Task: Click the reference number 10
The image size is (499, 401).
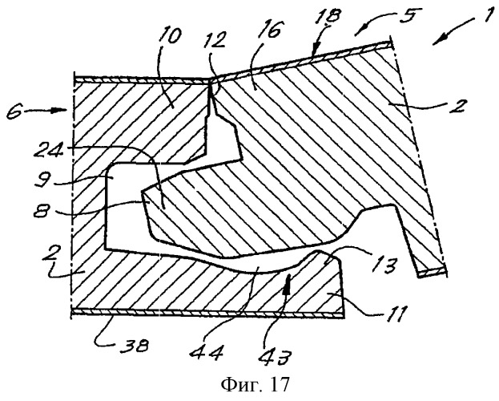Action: [171, 36]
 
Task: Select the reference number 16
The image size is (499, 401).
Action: [271, 29]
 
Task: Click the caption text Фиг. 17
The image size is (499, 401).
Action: [256, 384]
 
